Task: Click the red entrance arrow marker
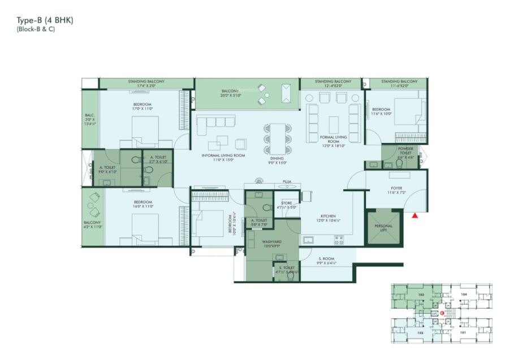[x=416, y=215]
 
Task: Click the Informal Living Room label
[x=225, y=157]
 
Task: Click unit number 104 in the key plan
[x=463, y=294]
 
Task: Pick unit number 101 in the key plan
[x=463, y=332]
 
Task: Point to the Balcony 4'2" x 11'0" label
[x=92, y=225]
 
